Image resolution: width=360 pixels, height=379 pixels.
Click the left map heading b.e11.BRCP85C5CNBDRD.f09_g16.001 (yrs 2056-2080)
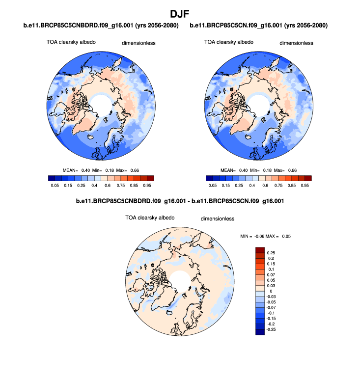point(101,25)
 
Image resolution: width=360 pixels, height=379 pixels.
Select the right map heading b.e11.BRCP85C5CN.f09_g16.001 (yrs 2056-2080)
point(259,25)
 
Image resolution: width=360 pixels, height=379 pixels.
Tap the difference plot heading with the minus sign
point(180,201)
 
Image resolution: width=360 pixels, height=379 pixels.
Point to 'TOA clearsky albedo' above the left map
point(68,42)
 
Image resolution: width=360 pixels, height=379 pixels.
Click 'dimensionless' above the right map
point(296,43)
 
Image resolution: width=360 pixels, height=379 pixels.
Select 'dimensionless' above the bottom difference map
point(218,218)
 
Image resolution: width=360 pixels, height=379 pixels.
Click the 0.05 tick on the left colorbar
point(55,186)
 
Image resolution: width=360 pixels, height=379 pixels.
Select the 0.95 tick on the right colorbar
point(305,186)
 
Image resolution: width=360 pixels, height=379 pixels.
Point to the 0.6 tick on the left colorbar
point(107,186)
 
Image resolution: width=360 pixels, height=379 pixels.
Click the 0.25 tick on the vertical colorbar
point(271,252)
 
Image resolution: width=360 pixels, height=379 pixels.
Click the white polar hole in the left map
point(102,104)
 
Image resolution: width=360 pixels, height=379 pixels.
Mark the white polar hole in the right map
point(260,104)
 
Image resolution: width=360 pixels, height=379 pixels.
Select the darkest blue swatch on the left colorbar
point(53,178)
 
